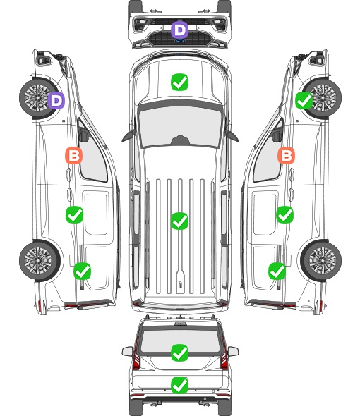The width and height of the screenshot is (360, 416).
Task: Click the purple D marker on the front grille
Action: (x=179, y=30)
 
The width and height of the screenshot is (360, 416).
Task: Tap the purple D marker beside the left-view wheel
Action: (x=56, y=101)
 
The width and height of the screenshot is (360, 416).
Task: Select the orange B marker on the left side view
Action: (x=74, y=155)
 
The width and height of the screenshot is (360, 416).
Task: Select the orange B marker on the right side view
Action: (x=286, y=155)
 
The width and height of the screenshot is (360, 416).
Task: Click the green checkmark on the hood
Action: (x=179, y=82)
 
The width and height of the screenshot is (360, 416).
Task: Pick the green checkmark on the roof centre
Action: (x=179, y=221)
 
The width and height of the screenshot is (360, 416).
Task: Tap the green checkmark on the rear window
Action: (x=179, y=353)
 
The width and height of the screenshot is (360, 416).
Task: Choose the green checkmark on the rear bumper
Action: (x=179, y=385)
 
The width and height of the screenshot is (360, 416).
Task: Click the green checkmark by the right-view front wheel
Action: (x=304, y=101)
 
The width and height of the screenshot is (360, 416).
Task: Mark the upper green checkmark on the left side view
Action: (x=74, y=214)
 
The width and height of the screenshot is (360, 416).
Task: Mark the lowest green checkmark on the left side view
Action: (x=82, y=271)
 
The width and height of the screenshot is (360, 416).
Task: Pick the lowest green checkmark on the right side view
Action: (x=277, y=271)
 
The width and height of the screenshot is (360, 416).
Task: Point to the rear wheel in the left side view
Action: (x=40, y=260)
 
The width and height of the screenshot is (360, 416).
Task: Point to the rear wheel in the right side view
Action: (x=321, y=260)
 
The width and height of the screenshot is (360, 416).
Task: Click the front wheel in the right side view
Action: (x=322, y=97)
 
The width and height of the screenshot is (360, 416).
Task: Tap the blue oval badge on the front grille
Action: (x=180, y=41)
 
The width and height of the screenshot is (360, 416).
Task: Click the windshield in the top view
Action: (x=180, y=127)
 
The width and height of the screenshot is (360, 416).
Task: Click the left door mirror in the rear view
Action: (x=127, y=351)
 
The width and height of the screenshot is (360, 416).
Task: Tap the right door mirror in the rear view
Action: (x=233, y=351)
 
